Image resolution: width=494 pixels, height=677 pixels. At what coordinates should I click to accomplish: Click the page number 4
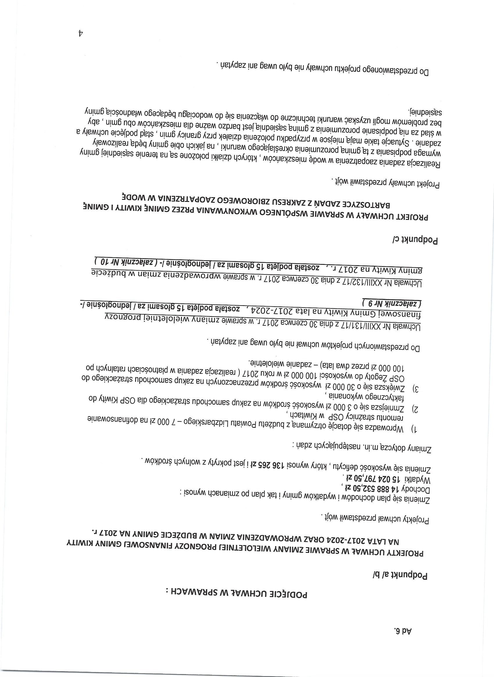80,33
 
